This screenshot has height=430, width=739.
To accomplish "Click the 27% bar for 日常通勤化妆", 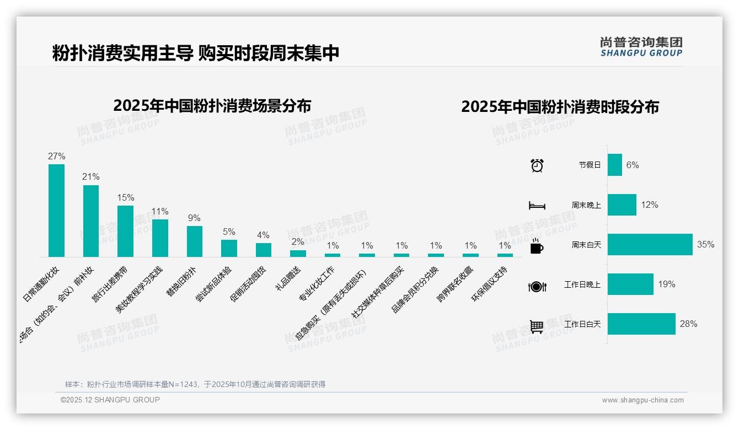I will (56, 211).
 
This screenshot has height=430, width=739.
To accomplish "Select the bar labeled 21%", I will (91, 221).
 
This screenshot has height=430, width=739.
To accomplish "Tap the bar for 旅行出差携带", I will (125, 231).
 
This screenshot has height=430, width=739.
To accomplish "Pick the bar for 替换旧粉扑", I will (194, 241).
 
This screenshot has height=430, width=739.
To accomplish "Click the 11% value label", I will (160, 212).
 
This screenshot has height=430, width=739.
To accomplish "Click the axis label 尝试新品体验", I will (214, 283).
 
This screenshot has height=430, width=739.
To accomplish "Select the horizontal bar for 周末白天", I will (650, 245).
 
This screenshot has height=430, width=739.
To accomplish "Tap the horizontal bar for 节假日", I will (614, 165).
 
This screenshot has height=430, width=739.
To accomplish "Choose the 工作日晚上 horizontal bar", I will (630, 284).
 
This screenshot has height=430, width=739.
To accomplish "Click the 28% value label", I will (688, 324).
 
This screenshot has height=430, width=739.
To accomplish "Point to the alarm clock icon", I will (537, 165).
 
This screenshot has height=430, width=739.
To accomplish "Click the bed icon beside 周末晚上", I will (537, 206).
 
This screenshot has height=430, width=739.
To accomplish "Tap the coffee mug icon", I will (537, 246).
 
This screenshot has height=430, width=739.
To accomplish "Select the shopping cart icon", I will (537, 326).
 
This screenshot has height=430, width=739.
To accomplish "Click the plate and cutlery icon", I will (537, 286).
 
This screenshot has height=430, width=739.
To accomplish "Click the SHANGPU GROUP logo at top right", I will (641, 47).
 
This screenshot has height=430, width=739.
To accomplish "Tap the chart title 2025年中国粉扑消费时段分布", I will (560, 107).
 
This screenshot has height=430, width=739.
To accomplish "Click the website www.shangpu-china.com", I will (642, 400).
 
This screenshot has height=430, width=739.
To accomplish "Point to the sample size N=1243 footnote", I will (195, 384).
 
